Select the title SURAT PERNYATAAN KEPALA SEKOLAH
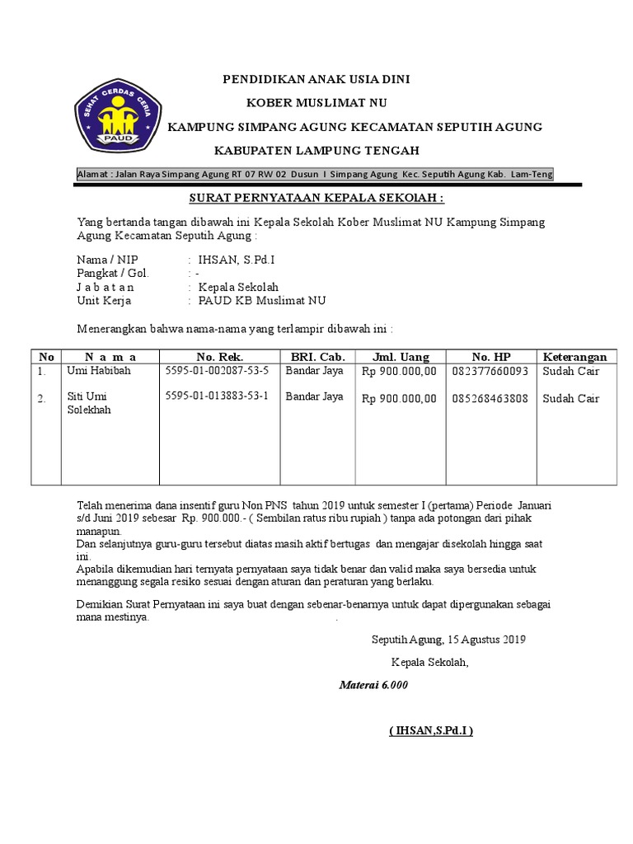coord(317,199)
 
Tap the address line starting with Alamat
coord(315,174)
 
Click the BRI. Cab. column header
coord(317,357)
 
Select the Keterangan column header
coord(575,357)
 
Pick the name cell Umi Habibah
coord(98,371)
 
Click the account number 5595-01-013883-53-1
coord(217,396)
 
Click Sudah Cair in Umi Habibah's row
coord(571,372)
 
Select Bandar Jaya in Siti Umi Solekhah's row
coord(314,396)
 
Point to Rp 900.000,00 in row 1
coord(399,372)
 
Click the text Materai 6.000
coord(373,685)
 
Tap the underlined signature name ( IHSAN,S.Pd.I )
coord(432,731)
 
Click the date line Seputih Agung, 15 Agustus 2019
coord(448,639)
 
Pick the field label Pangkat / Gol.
coord(112,273)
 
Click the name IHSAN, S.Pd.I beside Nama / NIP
coord(237,260)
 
